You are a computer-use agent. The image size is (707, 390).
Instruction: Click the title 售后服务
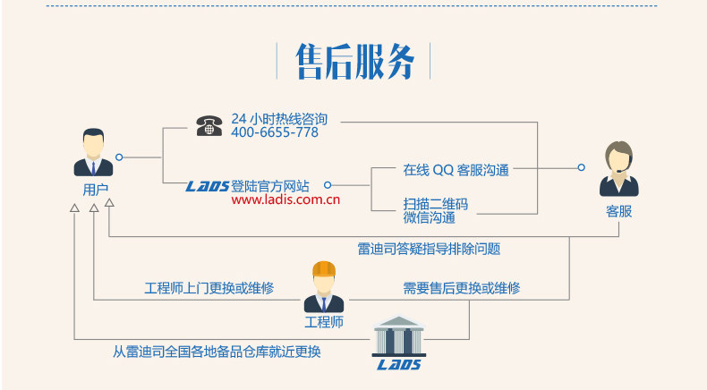click(x=354, y=62)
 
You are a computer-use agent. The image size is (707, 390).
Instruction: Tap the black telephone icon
click(x=209, y=125)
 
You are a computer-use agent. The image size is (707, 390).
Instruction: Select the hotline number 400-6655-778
click(x=275, y=132)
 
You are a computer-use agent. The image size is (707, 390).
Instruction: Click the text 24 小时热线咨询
click(x=279, y=118)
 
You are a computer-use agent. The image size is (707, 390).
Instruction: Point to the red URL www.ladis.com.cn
click(x=285, y=200)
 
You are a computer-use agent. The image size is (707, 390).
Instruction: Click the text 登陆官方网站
click(x=270, y=186)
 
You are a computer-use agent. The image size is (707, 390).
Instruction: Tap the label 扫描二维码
click(x=435, y=204)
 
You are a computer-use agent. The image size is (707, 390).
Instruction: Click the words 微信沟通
click(x=429, y=217)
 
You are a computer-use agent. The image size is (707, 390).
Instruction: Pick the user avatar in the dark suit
click(x=93, y=153)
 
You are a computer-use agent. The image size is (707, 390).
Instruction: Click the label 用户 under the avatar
click(x=95, y=189)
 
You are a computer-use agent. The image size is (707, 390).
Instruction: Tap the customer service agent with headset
click(x=618, y=168)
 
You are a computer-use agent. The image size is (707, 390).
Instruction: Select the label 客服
click(x=618, y=211)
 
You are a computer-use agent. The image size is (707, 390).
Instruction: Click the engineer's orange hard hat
click(x=323, y=270)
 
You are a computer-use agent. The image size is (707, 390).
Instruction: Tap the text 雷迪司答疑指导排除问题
click(x=429, y=249)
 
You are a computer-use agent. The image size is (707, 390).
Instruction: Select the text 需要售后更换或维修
click(x=461, y=288)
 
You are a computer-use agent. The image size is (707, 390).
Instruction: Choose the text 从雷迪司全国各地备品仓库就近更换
click(x=217, y=352)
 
